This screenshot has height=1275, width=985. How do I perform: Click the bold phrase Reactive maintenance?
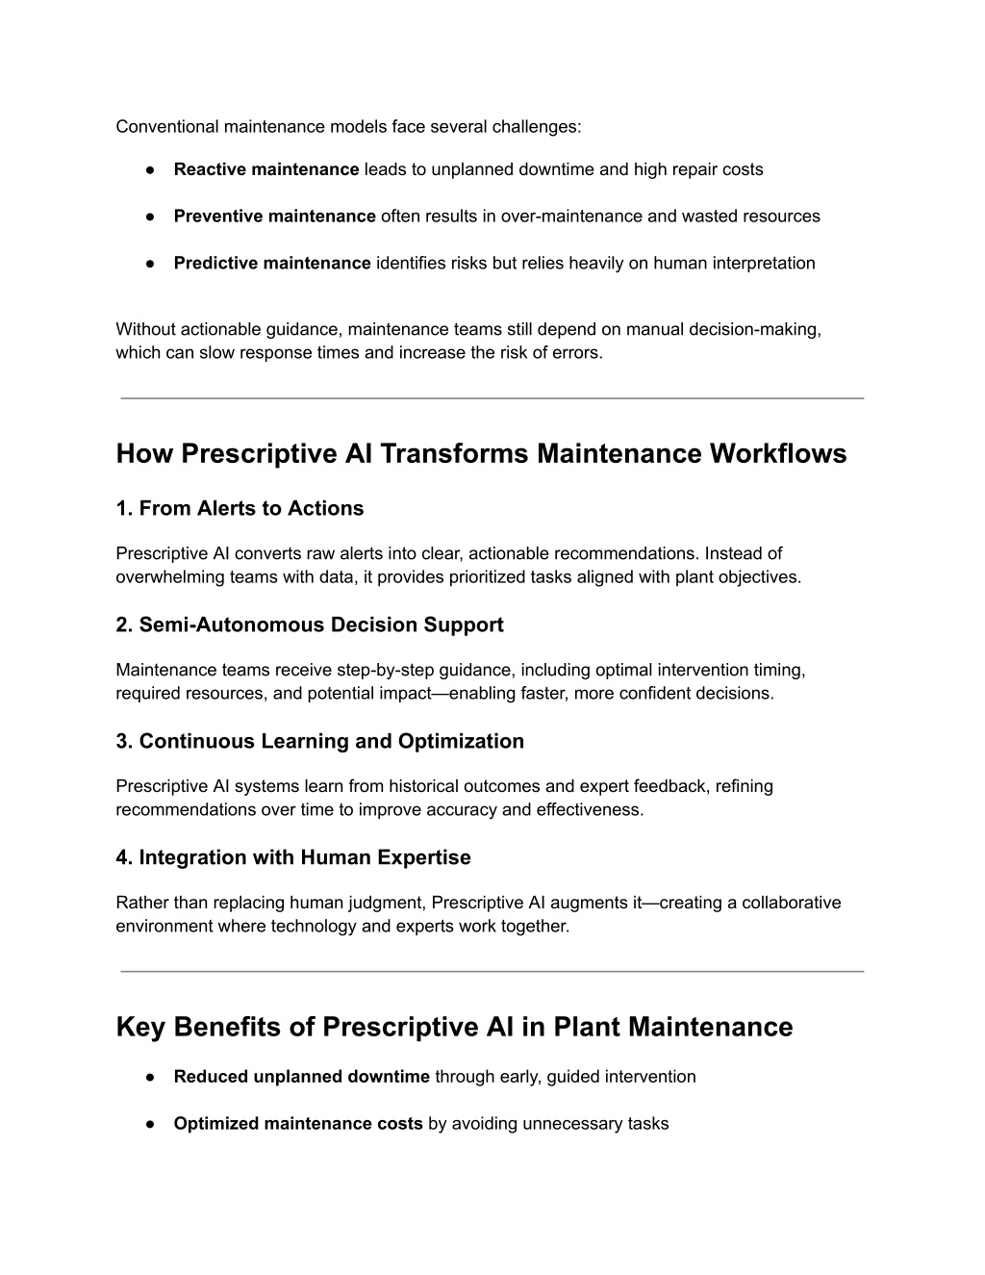[x=265, y=169]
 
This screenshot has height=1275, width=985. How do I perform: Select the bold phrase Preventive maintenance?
[x=274, y=216]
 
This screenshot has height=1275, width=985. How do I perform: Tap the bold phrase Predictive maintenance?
[x=271, y=263]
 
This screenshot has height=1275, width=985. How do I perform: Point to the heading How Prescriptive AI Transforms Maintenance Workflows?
[x=481, y=453]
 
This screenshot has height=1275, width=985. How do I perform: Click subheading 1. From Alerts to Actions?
[x=240, y=508]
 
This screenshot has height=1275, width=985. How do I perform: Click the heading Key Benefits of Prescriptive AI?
[x=454, y=1027]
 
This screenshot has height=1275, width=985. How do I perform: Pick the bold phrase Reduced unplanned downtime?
[x=301, y=1077]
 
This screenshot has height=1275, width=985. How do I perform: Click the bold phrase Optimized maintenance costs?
[x=298, y=1123]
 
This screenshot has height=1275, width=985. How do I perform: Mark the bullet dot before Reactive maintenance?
[x=152, y=170]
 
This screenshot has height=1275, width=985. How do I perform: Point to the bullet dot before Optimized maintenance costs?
[x=152, y=1124]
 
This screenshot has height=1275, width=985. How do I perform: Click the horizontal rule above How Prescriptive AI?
[x=492, y=397]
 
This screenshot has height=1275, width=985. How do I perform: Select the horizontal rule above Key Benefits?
[x=492, y=971]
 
